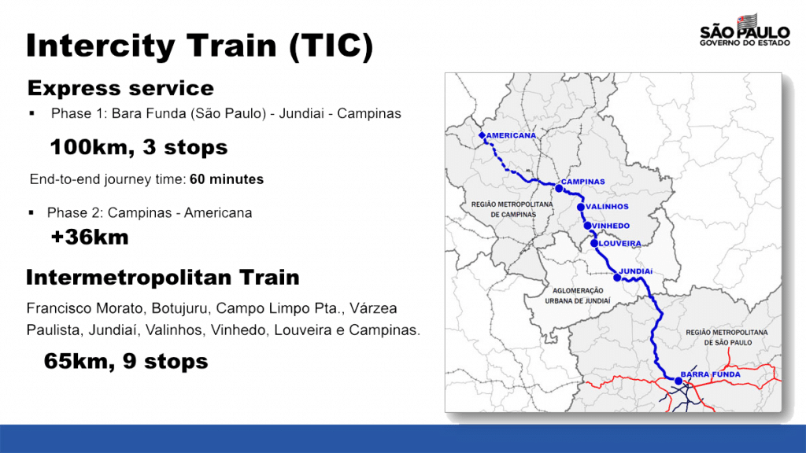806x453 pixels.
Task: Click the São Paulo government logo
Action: [x=745, y=31]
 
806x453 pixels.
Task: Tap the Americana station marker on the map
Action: [x=482, y=135]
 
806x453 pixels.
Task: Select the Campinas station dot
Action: [x=559, y=189]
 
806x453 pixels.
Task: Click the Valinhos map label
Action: [x=607, y=207]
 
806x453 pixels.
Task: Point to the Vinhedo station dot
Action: [x=587, y=226]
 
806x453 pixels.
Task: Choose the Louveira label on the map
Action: [x=619, y=244]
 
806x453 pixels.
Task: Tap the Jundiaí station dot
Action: [x=617, y=278]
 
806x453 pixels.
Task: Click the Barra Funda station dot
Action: [x=678, y=381]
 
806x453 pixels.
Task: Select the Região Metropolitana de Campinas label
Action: [x=512, y=209]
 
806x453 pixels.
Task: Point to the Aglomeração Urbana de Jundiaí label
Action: [x=578, y=296]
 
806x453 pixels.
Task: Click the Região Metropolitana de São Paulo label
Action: [x=727, y=337]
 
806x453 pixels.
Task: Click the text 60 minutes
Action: [x=227, y=179]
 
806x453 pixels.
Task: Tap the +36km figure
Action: [x=90, y=238]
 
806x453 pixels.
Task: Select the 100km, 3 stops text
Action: [x=139, y=147]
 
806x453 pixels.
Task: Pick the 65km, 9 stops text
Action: [x=126, y=361]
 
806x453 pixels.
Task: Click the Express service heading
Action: [x=120, y=88]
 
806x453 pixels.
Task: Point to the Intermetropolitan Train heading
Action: [x=163, y=278]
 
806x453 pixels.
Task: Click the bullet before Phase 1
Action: [x=31, y=113]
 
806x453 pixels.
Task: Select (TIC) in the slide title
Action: [x=331, y=46]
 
